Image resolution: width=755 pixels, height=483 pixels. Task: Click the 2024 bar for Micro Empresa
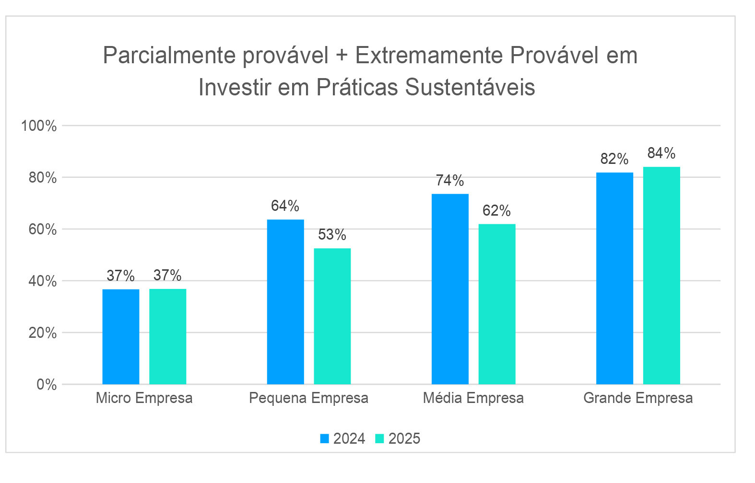121,336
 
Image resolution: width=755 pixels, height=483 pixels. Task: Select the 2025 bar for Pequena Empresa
332,316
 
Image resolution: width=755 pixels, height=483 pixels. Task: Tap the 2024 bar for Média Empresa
450,289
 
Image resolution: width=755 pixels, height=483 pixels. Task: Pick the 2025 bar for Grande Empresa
661,276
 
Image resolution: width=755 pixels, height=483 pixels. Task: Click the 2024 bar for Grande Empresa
614,278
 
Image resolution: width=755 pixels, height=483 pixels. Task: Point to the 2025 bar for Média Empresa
497,304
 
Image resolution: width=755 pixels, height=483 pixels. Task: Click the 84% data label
661,153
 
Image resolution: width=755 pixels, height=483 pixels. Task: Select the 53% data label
332,235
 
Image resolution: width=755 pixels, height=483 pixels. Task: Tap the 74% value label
450,181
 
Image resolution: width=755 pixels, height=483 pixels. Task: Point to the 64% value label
285,206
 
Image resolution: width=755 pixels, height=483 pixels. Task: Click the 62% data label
497,211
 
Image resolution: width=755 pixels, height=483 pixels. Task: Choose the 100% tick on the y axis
39,126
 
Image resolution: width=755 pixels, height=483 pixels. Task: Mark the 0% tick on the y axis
47,384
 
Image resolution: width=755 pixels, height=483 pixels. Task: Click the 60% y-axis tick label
43,230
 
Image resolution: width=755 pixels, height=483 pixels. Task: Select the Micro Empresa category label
144,398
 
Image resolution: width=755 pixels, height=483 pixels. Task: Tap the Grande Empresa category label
638,398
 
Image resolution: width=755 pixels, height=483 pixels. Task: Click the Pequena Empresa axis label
308,398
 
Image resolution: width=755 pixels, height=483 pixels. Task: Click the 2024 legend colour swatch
325,438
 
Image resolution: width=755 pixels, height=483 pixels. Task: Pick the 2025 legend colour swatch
380,438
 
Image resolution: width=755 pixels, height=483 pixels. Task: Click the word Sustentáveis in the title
470,88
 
